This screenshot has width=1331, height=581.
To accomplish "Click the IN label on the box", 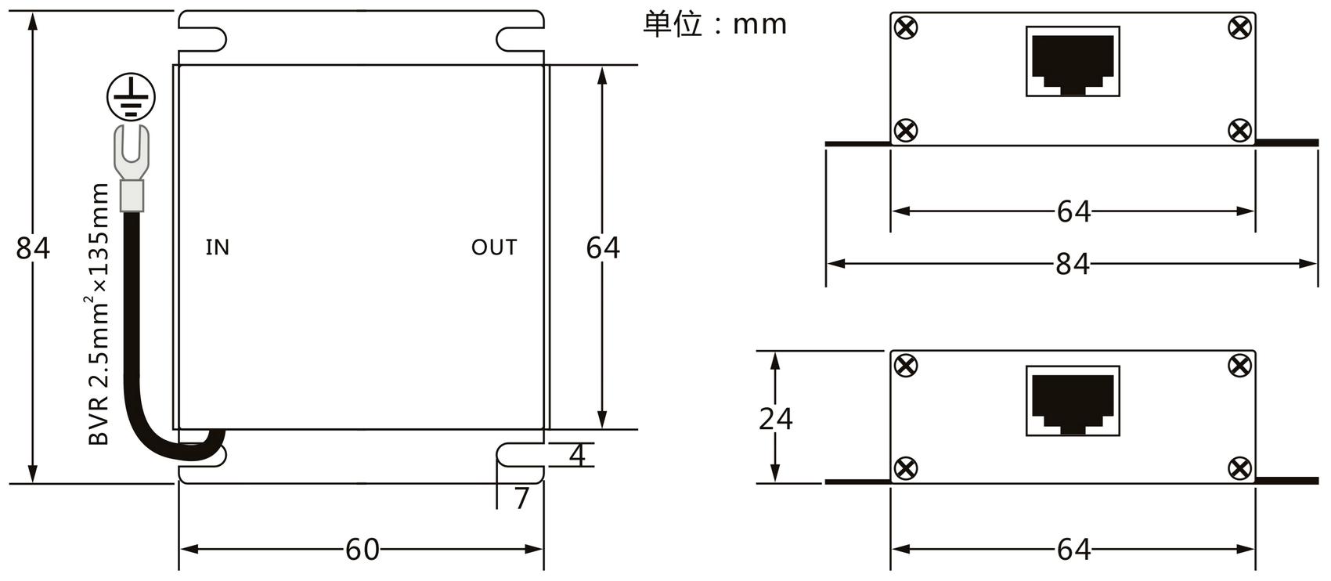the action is click(218, 247).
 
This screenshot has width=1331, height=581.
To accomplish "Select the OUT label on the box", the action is click(494, 247).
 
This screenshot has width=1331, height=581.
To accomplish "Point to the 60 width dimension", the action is click(363, 550).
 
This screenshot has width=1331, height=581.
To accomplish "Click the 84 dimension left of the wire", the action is click(33, 247).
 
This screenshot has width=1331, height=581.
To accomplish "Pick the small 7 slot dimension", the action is click(521, 499).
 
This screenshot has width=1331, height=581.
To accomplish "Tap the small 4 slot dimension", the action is click(577, 455).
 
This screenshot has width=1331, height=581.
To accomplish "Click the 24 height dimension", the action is click(775, 419).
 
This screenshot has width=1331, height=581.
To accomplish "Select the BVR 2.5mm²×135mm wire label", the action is click(99, 314).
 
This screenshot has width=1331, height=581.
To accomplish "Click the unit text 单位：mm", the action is click(715, 24).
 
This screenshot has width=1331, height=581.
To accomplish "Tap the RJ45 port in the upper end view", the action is click(1073, 61).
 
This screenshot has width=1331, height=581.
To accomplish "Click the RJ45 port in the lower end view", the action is click(1073, 401).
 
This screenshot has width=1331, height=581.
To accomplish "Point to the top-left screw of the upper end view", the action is click(906, 27).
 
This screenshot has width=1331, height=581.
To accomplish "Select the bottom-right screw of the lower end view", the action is click(1239, 468).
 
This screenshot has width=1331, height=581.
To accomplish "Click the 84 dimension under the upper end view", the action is click(1073, 264).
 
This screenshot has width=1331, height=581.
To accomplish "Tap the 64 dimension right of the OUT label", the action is click(603, 247).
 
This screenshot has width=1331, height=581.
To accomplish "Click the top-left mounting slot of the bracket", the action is click(203, 39).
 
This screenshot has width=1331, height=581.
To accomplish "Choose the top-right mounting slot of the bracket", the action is click(520, 39).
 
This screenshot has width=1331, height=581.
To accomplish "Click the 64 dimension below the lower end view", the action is click(1073, 550).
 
